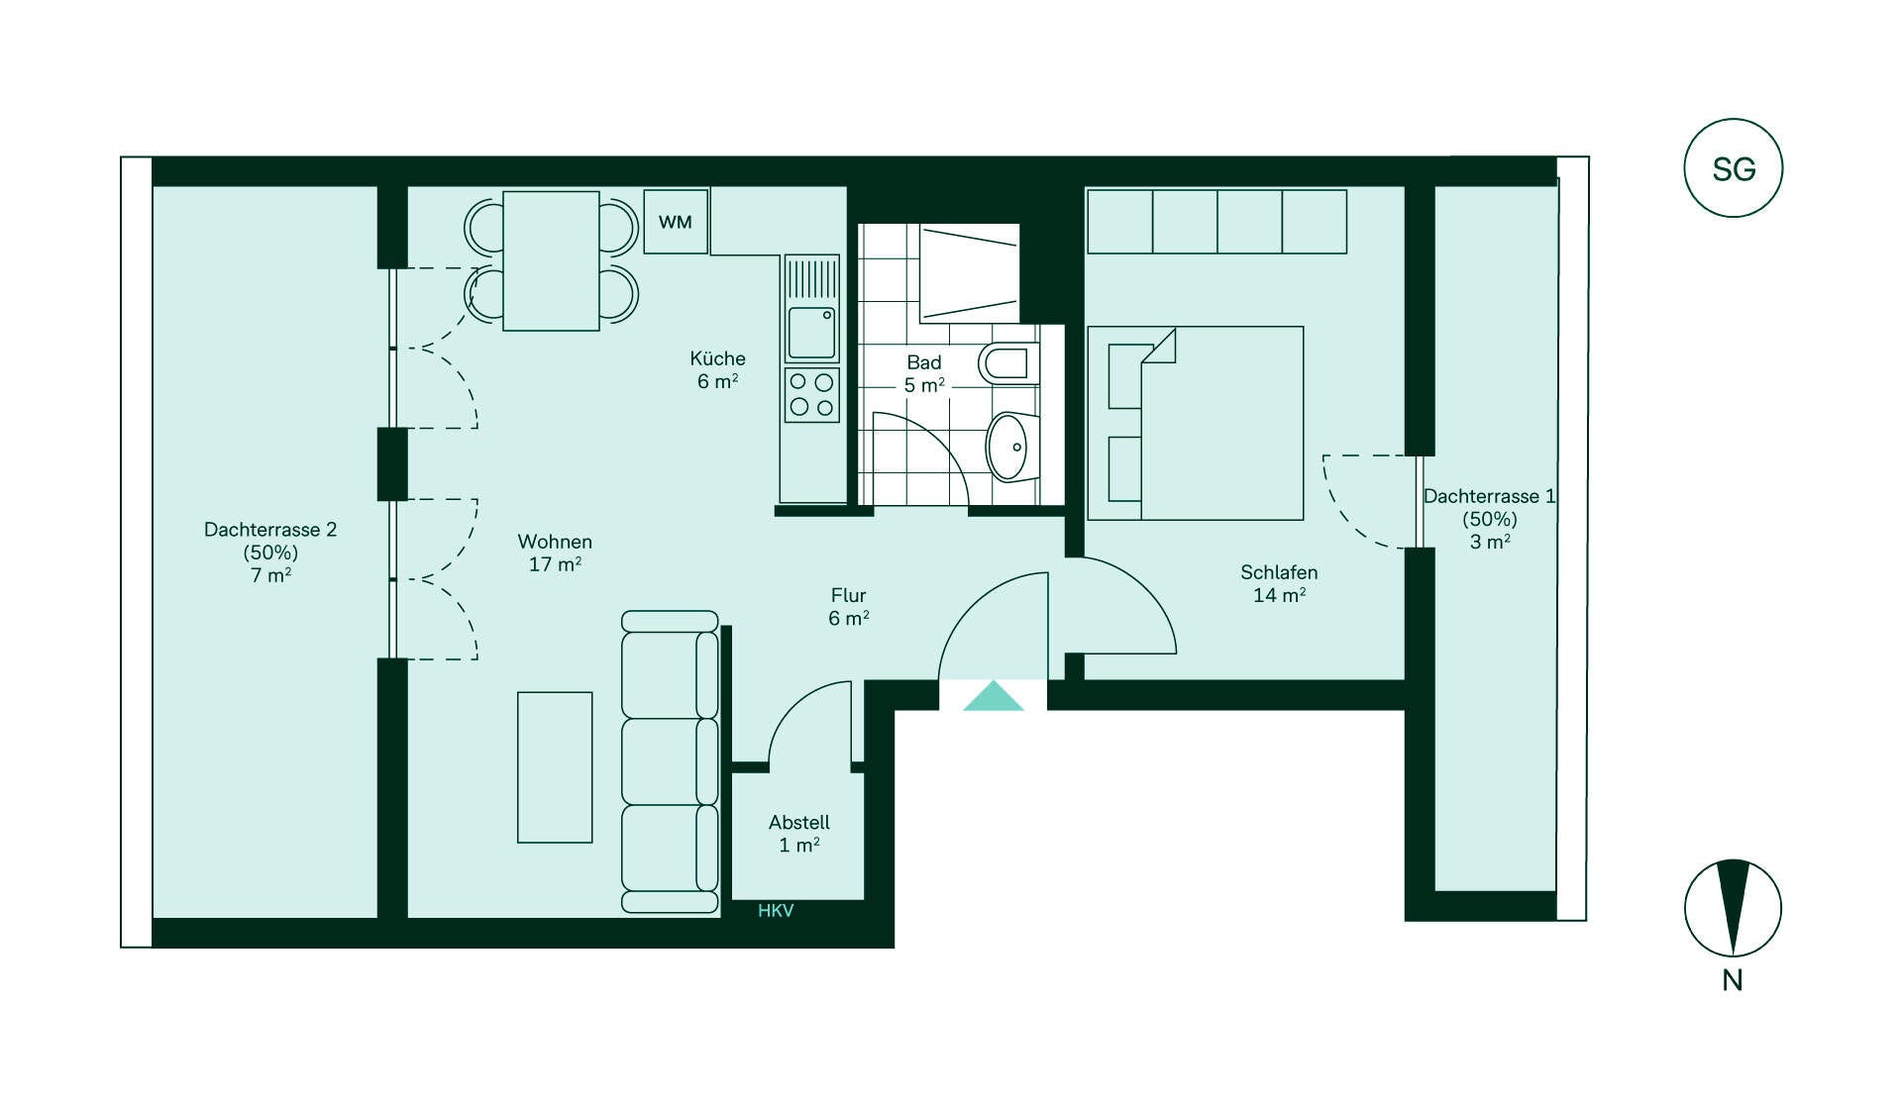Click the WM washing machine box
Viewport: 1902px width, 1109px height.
(x=676, y=222)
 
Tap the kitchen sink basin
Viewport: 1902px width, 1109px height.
(x=811, y=333)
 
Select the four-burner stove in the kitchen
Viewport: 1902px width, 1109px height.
(x=811, y=395)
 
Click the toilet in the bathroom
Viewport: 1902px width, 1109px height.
(x=1009, y=364)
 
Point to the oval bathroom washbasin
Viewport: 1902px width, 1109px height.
(x=1011, y=447)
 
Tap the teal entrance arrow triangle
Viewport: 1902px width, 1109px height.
(x=994, y=696)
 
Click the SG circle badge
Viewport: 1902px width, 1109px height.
(x=1734, y=168)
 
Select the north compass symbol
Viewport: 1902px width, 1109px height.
(x=1734, y=908)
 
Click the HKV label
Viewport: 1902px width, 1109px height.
(x=776, y=911)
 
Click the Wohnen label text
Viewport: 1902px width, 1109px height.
(x=555, y=542)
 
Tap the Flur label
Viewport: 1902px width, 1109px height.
(x=849, y=595)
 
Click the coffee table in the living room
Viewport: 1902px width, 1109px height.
(x=555, y=767)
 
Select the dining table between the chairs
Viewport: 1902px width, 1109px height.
(x=551, y=260)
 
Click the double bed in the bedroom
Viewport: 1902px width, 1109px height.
(x=1196, y=424)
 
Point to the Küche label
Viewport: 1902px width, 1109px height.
(x=718, y=358)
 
